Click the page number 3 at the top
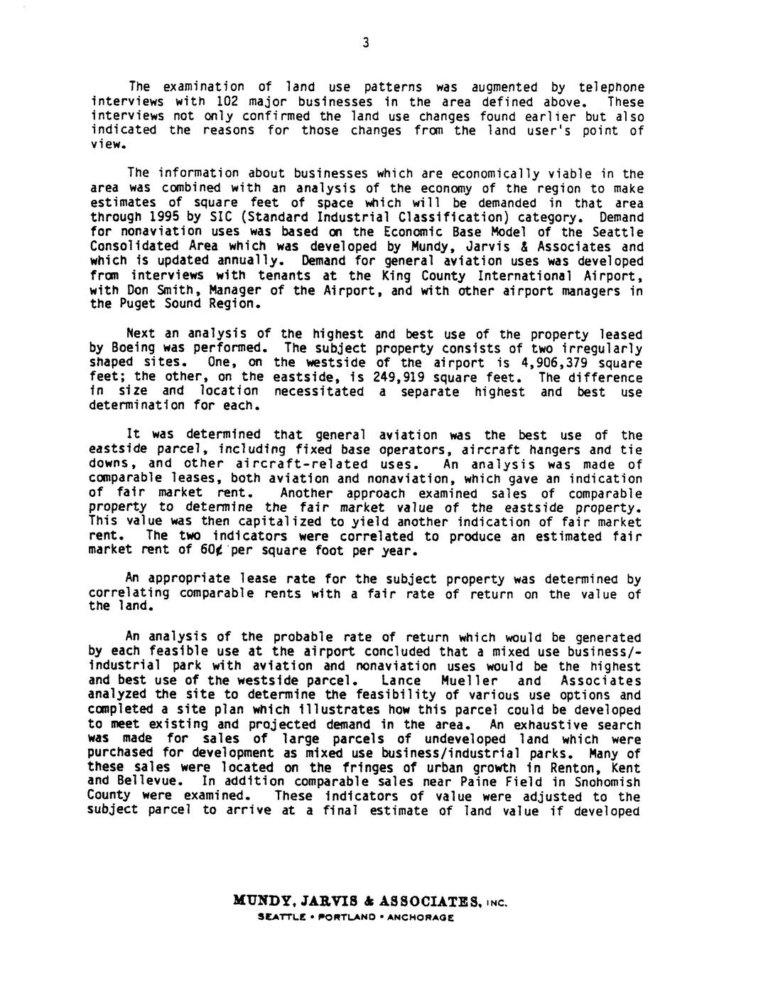click(x=364, y=43)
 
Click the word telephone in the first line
click(x=611, y=87)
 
